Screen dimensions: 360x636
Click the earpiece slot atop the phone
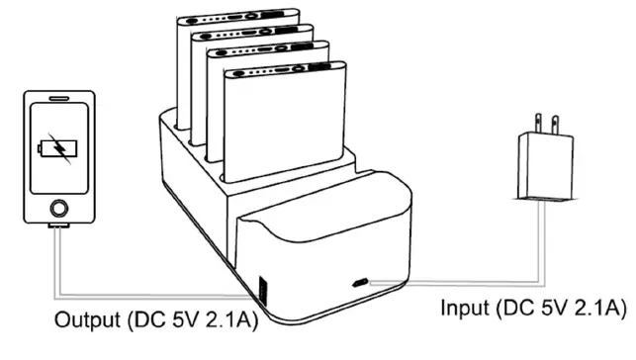pyautogui.click(x=58, y=101)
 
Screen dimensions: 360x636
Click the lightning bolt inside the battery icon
pyautogui.click(x=60, y=149)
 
